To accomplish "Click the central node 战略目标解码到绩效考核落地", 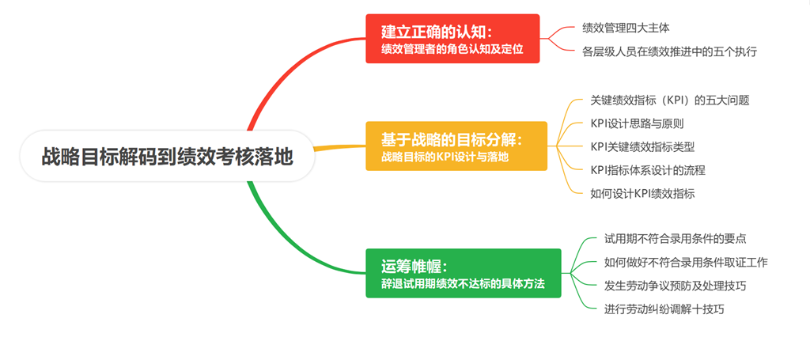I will pyautogui.click(x=167, y=156).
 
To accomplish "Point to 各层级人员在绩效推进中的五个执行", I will pyautogui.click(x=669, y=51).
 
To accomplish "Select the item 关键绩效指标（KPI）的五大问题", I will pyautogui.click(x=669, y=100).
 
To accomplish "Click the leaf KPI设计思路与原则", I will pyautogui.click(x=637, y=123).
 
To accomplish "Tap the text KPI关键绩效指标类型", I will pyautogui.click(x=642, y=146).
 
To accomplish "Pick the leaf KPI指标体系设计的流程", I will pyautogui.click(x=647, y=169).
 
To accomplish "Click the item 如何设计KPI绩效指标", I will pyautogui.click(x=642, y=192).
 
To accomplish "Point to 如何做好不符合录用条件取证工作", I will pyautogui.click(x=686, y=262).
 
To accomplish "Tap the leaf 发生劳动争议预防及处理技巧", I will pyautogui.click(x=676, y=285).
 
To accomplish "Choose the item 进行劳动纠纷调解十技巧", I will pyautogui.click(x=664, y=309).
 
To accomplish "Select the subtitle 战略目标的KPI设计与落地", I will pyautogui.click(x=445, y=157).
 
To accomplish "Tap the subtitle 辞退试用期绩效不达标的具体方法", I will pyautogui.click(x=463, y=282).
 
